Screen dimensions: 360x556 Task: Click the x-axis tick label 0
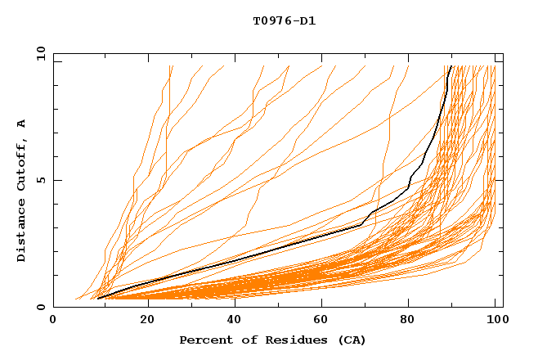tap(54, 321)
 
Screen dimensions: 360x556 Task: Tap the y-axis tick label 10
tap(40, 54)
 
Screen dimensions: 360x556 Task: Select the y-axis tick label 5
tap(43, 180)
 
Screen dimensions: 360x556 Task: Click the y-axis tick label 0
tap(43, 307)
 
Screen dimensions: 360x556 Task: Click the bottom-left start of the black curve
tap(98, 299)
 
